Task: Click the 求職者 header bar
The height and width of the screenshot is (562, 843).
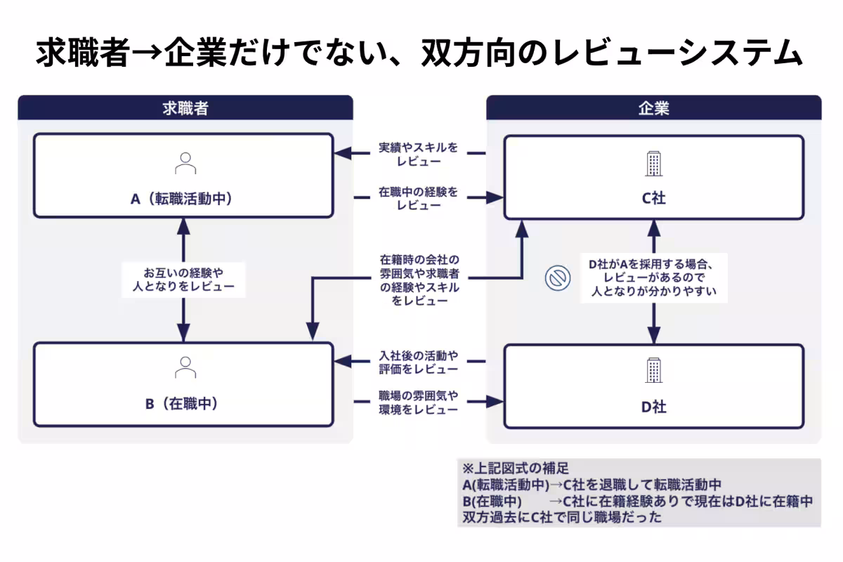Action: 184,108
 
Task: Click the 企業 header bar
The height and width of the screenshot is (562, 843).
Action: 653,108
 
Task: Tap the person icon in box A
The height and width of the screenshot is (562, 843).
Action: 185,163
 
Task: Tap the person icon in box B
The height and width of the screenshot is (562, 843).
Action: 185,367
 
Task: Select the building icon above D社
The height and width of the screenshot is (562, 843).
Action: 653,370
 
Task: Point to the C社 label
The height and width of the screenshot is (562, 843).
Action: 653,199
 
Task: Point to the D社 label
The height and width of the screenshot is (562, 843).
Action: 653,407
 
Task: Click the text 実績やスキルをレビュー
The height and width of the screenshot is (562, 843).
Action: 419,155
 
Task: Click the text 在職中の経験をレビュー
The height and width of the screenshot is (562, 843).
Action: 419,198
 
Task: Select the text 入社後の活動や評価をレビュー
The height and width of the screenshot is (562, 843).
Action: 419,361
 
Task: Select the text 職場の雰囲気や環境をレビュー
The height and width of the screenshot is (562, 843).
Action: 419,402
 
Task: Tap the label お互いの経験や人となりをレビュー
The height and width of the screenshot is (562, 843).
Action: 183,278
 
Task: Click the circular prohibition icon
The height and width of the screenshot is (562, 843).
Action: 556,279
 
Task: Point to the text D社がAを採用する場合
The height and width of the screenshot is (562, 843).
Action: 651,265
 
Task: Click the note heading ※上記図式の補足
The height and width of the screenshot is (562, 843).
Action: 515,468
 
